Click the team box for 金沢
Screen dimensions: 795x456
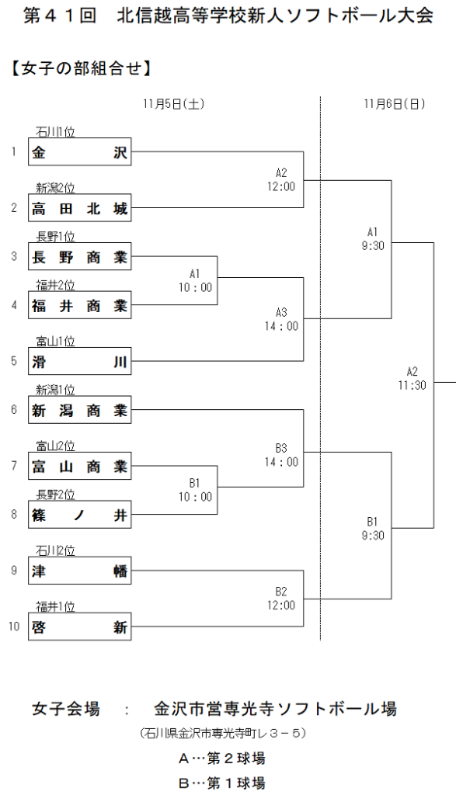click(x=79, y=153)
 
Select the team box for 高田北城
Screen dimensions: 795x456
click(x=79, y=208)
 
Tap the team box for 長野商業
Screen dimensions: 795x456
click(x=79, y=257)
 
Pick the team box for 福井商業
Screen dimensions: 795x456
click(x=79, y=305)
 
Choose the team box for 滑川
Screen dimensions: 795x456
click(x=79, y=361)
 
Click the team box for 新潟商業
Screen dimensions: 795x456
click(x=79, y=410)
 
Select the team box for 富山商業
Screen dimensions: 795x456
click(x=79, y=466)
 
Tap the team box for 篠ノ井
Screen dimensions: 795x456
click(x=79, y=514)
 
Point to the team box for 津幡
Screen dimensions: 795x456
click(x=79, y=572)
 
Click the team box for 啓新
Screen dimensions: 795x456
click(x=79, y=627)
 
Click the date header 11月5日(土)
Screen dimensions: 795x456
click(x=174, y=104)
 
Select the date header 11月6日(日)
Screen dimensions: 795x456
click(x=395, y=104)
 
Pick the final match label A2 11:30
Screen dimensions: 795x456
click(x=412, y=378)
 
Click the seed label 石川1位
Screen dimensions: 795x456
click(x=55, y=133)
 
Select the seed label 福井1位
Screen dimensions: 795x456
click(x=55, y=606)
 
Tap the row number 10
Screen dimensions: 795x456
click(x=14, y=627)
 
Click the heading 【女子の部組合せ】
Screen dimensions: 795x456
click(x=80, y=68)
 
